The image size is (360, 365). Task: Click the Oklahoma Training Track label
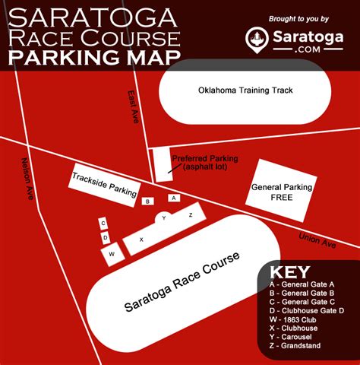click(234, 90)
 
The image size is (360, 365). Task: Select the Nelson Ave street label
click(27, 179)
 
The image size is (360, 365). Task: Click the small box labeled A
click(173, 198)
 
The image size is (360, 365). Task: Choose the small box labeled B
click(147, 202)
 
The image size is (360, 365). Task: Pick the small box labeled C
click(104, 223)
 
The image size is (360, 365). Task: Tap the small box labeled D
click(106, 238)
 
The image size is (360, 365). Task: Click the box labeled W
click(112, 253)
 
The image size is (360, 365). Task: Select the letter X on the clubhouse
click(141, 240)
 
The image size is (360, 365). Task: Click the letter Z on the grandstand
click(191, 215)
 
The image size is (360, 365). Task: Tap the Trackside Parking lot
click(104, 182)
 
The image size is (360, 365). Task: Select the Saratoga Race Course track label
click(182, 281)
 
